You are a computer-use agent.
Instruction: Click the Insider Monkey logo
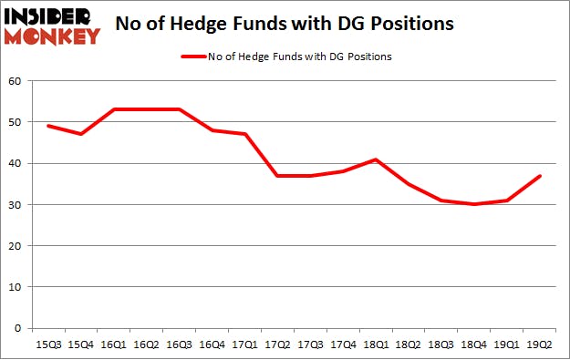click(x=52, y=25)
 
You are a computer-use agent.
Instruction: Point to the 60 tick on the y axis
click(x=16, y=81)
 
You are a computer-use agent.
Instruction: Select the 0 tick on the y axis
click(x=19, y=328)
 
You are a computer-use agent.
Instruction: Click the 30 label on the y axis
click(x=16, y=204)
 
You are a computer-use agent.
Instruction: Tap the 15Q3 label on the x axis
click(x=49, y=345)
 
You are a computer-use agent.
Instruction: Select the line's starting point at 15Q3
click(x=49, y=126)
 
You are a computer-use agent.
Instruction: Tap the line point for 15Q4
click(x=82, y=134)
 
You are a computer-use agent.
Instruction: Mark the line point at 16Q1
click(x=115, y=109)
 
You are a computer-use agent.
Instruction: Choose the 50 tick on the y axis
click(x=16, y=122)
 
